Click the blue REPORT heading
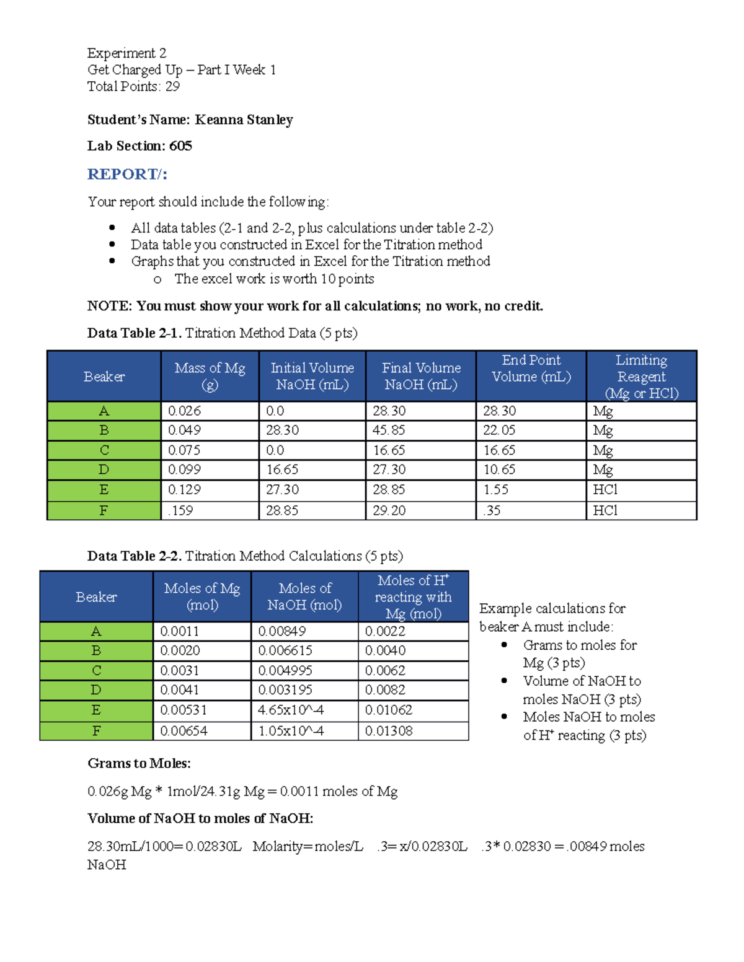click(x=127, y=174)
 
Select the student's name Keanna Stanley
click(x=244, y=120)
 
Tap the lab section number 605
click(x=180, y=146)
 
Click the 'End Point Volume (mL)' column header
click(x=531, y=369)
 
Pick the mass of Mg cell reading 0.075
click(x=184, y=450)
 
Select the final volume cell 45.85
click(x=389, y=431)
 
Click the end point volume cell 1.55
click(x=496, y=490)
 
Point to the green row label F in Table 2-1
click(x=104, y=511)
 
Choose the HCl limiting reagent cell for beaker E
click(x=605, y=490)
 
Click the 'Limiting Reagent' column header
click(x=641, y=377)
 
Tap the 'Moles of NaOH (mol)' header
click(x=304, y=597)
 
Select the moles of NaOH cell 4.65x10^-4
click(x=291, y=711)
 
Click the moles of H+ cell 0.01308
click(x=389, y=731)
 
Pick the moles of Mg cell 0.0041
click(x=180, y=690)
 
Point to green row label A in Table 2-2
click(x=96, y=631)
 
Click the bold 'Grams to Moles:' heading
click(x=139, y=763)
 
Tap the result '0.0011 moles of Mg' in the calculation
click(x=339, y=791)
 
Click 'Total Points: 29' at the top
click(x=133, y=87)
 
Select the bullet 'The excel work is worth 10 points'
click(x=274, y=279)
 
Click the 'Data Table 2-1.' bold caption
click(x=134, y=333)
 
